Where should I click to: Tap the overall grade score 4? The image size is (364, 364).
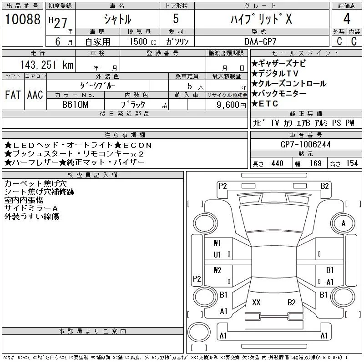click(x=347, y=20)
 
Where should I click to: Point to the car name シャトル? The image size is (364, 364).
click(x=117, y=20)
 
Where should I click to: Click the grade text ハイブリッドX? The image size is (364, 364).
click(x=261, y=20)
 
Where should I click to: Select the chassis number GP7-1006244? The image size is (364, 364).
click(x=305, y=144)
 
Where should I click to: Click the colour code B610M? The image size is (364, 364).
click(x=76, y=105)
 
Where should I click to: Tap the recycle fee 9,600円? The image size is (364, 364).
click(x=227, y=105)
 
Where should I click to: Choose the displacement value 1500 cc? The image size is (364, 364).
click(x=142, y=41)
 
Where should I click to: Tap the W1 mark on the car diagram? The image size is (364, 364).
click(x=217, y=243)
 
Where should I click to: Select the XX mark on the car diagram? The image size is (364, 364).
click(x=256, y=302)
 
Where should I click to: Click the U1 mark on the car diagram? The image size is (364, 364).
click(x=217, y=254)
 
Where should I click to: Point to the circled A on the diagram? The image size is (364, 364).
click(x=343, y=223)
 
